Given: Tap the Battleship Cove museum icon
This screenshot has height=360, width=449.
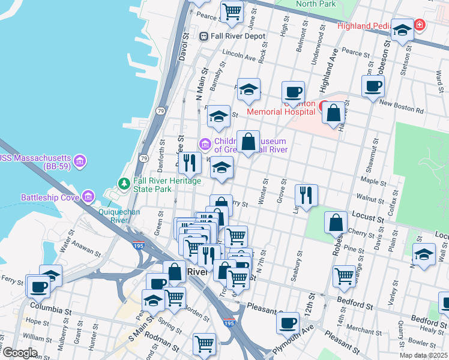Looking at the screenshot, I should (x=89, y=196).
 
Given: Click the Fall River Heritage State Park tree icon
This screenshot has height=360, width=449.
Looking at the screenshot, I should (x=124, y=182).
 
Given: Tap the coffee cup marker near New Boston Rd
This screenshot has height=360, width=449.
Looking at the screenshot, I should (x=373, y=86).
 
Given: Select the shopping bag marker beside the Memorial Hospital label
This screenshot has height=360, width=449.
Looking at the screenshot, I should (x=333, y=112).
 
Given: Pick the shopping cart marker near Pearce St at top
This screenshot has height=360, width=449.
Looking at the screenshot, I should (x=232, y=11).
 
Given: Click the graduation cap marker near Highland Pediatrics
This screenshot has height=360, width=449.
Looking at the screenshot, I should (x=402, y=29).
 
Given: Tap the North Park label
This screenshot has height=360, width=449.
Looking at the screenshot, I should (x=316, y=4).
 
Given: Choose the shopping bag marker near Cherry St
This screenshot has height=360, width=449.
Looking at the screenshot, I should (x=336, y=222).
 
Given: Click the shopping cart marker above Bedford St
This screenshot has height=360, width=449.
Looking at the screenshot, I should (x=344, y=275).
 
